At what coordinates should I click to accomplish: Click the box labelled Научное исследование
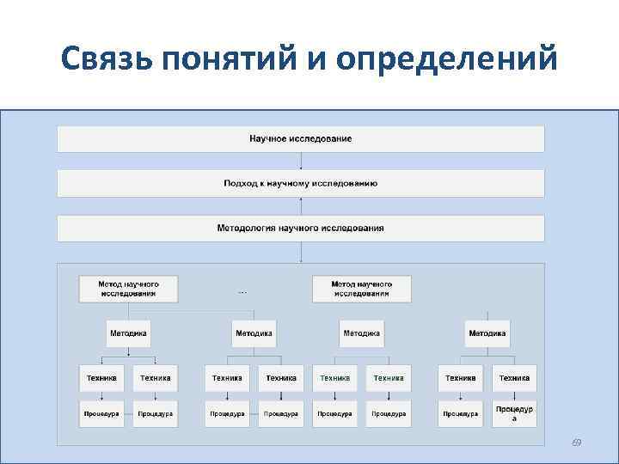tap(300, 139)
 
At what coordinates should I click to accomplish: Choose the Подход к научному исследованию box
tap(300, 183)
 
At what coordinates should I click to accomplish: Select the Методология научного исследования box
tap(300, 228)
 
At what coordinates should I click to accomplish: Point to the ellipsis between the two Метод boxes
tap(242, 292)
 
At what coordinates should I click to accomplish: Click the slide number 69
tap(577, 443)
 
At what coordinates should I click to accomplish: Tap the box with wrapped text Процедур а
tap(514, 413)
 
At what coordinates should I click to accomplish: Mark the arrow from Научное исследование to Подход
tap(301, 161)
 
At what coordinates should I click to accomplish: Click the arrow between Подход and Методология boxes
tap(301, 205)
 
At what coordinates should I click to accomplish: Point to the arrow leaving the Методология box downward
tap(301, 252)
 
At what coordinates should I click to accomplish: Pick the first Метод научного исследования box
tap(128, 288)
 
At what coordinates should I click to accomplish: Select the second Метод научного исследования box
tap(361, 288)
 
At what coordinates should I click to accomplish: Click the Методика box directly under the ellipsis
tap(254, 333)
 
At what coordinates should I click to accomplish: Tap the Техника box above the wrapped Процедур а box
tap(514, 377)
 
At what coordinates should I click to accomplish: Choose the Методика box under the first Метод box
tap(128, 333)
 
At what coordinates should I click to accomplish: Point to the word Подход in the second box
tap(239, 183)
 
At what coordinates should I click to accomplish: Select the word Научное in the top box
tap(268, 139)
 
